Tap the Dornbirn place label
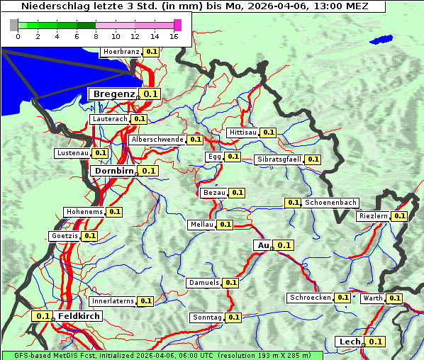tap(113, 171)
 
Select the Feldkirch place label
tap(79, 316)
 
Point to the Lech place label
tap(350, 342)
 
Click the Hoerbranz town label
tap(121, 52)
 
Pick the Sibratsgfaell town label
tap(279, 159)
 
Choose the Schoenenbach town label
tap(330, 203)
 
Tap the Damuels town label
tap(203, 283)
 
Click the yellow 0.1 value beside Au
tap(284, 245)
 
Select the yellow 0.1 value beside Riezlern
tap(399, 216)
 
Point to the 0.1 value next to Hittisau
tap(268, 133)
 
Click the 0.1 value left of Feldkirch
tap(43, 316)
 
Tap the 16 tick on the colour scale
tap(174, 36)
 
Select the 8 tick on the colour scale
tap(96, 36)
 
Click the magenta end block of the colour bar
tap(177, 25)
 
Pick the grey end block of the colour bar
tap(14, 25)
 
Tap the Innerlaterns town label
tap(113, 301)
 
